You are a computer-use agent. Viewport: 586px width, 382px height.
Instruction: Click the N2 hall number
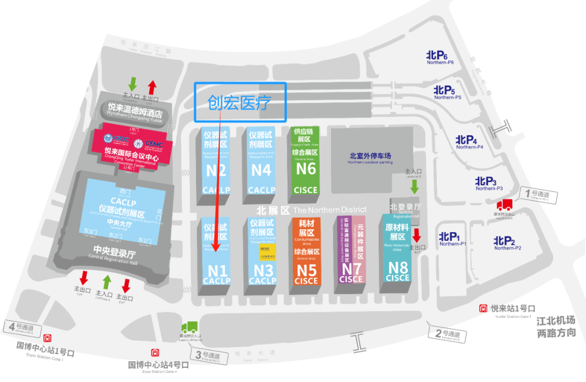(215, 171)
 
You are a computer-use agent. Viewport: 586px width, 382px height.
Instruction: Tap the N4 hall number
(261, 170)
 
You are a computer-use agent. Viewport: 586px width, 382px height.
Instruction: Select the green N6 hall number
(306, 168)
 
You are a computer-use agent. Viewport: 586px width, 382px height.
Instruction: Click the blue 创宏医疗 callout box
(240, 102)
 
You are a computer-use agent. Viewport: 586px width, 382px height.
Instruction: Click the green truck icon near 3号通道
(189, 328)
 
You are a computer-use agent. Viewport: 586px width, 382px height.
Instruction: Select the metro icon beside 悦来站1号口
(482, 308)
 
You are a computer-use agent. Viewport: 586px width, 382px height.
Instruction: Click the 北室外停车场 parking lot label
(370, 156)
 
